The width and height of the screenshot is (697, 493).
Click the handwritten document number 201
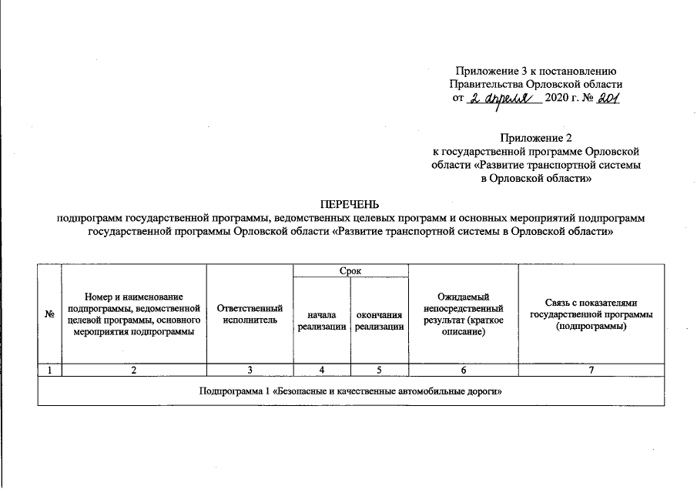click(605, 99)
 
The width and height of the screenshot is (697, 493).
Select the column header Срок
click(350, 271)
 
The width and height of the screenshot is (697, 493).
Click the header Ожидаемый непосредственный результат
click(463, 314)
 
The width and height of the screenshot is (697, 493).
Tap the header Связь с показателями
click(591, 314)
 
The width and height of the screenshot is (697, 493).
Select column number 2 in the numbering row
click(134, 371)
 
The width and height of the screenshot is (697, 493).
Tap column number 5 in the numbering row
click(379, 371)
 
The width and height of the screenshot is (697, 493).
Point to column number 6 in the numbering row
click(463, 371)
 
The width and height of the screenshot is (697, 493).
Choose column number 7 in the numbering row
click(591, 371)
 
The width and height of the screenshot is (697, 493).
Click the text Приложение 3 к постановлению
click(535, 72)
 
